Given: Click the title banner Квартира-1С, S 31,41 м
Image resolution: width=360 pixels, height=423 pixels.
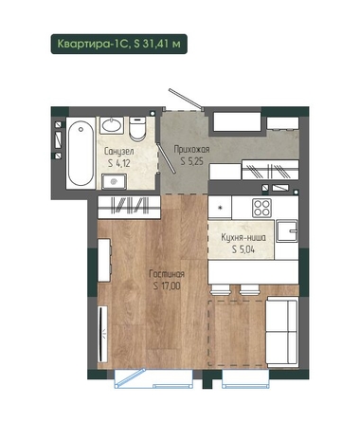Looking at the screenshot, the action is coord(119,44).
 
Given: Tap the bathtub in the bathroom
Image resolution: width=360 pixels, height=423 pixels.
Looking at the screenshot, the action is coord(81,154).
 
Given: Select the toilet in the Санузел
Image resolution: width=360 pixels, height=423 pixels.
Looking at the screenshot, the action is coord(137,129).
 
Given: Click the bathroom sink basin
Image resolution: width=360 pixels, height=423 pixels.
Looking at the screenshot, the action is coord(112,125).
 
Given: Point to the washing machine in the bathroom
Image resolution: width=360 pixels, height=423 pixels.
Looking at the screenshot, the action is coord(114,181).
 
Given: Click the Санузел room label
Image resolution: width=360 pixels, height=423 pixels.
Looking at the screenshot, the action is coord(119,152).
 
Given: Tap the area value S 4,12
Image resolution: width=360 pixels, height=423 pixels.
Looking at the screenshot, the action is coord(119,163).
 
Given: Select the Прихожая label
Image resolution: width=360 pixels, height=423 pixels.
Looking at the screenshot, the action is coord(191,149).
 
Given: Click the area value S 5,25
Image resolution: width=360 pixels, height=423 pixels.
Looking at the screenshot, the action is coord(191,161).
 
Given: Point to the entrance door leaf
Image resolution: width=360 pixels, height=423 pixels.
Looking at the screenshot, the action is coord(186,99).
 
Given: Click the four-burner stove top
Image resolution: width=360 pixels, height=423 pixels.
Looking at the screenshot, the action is coord(261,208).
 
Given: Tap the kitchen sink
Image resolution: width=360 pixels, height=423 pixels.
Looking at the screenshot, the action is coord(287,231).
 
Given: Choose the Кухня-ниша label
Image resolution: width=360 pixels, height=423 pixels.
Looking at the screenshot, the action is coord(243,237).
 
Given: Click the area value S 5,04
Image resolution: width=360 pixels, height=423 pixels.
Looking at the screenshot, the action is coord(243,249).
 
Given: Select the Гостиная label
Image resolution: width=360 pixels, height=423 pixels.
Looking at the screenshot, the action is coord(167,274).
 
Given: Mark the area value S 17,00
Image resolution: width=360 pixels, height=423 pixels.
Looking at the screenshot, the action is coord(167,286).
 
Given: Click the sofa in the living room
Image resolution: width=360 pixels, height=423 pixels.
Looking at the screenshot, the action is coord(282,332).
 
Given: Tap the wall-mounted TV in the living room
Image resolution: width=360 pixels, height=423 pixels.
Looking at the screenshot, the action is coord(101,334).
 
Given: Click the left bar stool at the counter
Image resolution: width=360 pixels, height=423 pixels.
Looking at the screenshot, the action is coord(220,289).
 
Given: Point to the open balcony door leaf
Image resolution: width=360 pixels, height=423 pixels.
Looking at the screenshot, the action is coord(131,377).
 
